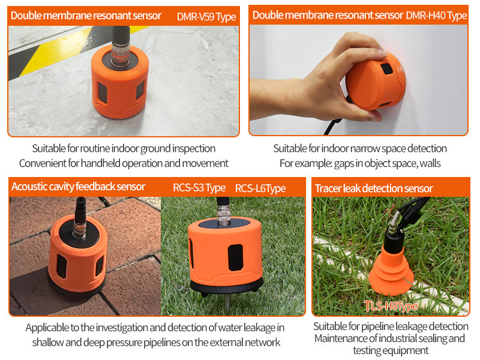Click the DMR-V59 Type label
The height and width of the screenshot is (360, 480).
click(x=206, y=17)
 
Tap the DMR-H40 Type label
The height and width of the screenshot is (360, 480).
click(x=436, y=16)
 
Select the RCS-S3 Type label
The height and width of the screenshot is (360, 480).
click(x=199, y=188)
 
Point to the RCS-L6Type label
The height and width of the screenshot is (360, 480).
click(x=260, y=188)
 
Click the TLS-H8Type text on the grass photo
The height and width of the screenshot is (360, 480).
click(x=391, y=306)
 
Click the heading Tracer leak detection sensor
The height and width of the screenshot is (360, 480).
click(x=374, y=188)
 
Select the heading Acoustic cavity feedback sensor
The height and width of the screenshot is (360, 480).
click(x=78, y=187)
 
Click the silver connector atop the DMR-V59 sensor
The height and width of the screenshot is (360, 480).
click(x=120, y=54)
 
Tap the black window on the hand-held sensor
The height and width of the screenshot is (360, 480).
click(x=386, y=68)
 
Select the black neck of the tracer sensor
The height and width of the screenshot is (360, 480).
click(x=392, y=242)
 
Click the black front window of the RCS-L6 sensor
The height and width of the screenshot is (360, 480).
click(x=235, y=257)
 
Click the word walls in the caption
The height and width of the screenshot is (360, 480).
click(x=430, y=163)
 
